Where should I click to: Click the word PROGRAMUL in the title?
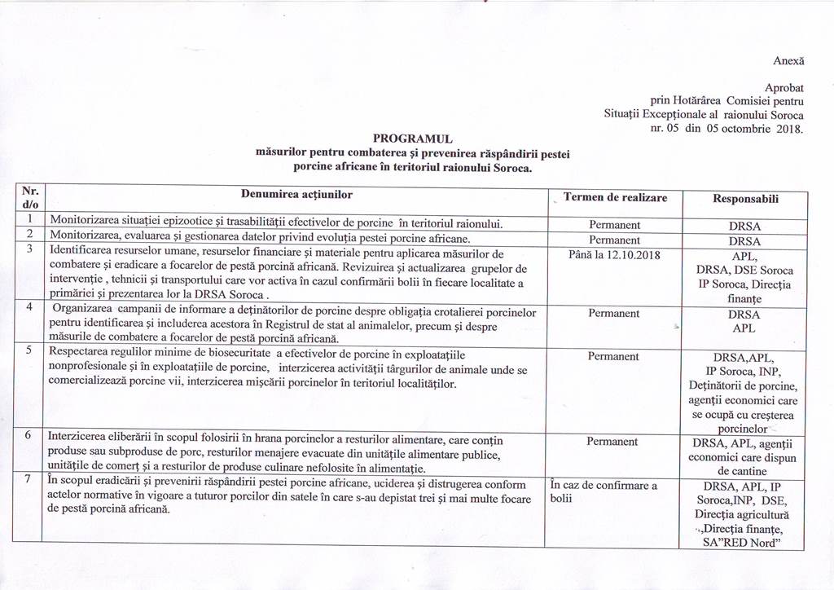point(412,139)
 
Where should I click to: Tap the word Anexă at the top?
point(788,60)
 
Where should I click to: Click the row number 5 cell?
point(29,350)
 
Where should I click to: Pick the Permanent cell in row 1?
point(614,225)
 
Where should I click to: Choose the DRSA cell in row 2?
point(744,241)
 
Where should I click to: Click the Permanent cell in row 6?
point(614,441)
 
